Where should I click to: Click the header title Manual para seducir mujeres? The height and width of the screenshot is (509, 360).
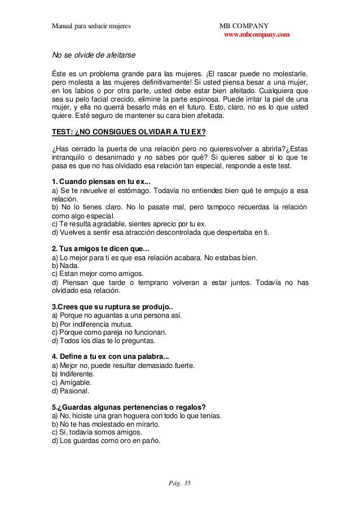pos(91,26)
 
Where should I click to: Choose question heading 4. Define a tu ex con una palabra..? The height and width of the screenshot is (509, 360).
pos(110,357)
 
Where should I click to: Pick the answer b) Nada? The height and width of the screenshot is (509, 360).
pos(66,265)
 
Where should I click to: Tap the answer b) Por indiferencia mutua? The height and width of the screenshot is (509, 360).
pos(93,324)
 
